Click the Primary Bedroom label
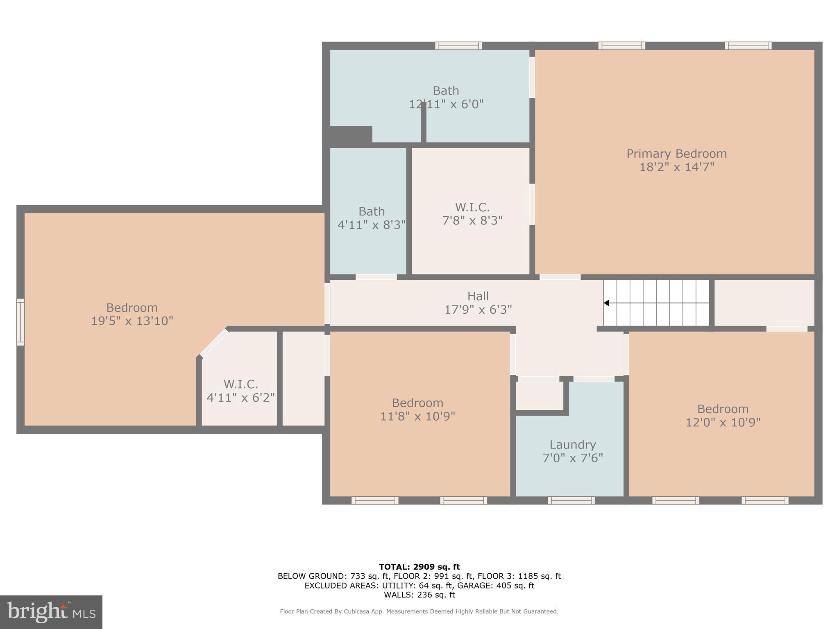tap(676, 154)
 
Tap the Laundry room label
tap(572, 444)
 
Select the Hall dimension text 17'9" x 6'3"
tap(478, 310)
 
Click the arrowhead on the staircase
tap(607, 303)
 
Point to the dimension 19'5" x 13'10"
tap(132, 321)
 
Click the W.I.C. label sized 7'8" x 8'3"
tap(472, 207)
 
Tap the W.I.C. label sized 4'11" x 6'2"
tap(240, 384)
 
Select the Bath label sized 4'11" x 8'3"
tap(372, 212)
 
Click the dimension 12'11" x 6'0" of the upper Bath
tap(446, 104)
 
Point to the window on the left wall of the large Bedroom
tap(20, 322)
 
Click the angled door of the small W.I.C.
tap(214, 342)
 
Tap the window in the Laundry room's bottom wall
tap(571, 500)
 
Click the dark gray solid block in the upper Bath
tap(351, 134)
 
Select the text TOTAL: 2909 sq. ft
tap(419, 567)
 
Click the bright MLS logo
tap(51, 612)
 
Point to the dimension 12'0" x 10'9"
tap(723, 422)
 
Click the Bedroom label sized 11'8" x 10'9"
tap(417, 403)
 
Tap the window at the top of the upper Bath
tap(458, 46)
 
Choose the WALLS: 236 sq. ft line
tap(419, 595)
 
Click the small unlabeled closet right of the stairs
tap(764, 303)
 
